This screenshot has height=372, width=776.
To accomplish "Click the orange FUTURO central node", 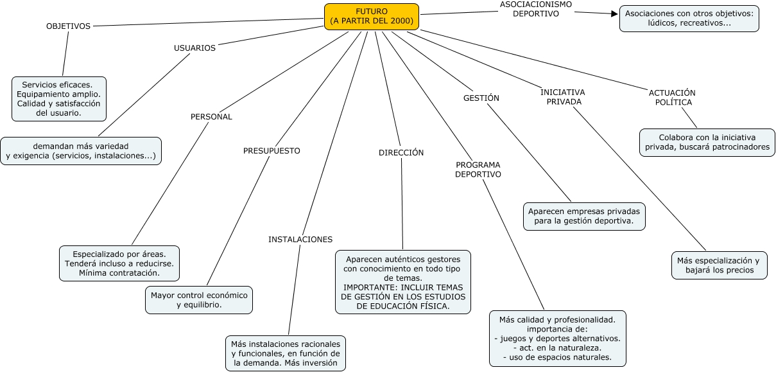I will pos(372,17).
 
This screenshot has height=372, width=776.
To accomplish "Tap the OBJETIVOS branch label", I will pos(68,26).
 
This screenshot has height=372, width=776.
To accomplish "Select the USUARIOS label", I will pos(194,48).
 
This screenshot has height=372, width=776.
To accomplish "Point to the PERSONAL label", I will pos(211,117).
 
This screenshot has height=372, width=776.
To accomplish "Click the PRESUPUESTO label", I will pos(272,151).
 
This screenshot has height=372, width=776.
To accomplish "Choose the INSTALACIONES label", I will pos(300,240).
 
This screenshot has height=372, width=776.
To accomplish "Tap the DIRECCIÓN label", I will pos(401,153).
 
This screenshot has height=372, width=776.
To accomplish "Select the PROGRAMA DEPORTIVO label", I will pos(478,170).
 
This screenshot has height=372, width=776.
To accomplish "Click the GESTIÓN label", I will pos(481,98).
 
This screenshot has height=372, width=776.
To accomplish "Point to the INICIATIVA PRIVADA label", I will pos(562,97).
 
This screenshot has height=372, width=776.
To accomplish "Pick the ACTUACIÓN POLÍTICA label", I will pos(672,98).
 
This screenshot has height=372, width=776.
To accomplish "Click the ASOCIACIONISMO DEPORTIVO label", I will pos(536,9).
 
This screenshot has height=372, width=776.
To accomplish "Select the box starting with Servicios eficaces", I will pos(59,99).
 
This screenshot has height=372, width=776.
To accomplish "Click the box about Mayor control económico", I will pos(199,300).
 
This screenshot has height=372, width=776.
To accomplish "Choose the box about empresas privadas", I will pos(583,216).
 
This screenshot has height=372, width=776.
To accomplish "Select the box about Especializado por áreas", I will pos(119,263).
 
